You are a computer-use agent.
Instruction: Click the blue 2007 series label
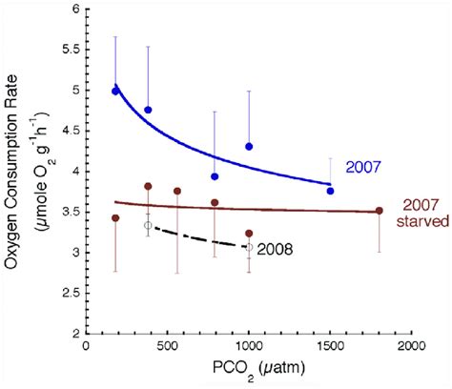coord(363,167)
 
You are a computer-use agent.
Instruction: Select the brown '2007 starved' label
coord(422,214)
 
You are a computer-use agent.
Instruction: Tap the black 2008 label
coord(275,250)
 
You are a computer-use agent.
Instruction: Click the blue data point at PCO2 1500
coord(330,191)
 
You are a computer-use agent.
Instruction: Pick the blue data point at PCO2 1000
coord(249,147)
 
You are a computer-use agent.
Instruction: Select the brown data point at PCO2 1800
coord(380,211)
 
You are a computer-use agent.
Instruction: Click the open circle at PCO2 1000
coord(249,247)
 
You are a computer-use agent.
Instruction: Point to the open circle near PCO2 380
coord(148,225)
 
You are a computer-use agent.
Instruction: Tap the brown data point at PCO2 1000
coord(249,234)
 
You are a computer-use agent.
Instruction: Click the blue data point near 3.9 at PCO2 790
coord(215,176)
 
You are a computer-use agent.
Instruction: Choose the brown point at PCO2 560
coord(177,191)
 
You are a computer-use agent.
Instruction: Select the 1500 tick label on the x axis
coord(330,346)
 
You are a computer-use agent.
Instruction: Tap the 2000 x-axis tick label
coord(412,346)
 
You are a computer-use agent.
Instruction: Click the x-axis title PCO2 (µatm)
coord(258,370)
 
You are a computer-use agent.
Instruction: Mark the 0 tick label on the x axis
coord(86,346)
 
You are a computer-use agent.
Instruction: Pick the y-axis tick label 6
coord(75,9)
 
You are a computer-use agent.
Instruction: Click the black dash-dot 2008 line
coord(198,237)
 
